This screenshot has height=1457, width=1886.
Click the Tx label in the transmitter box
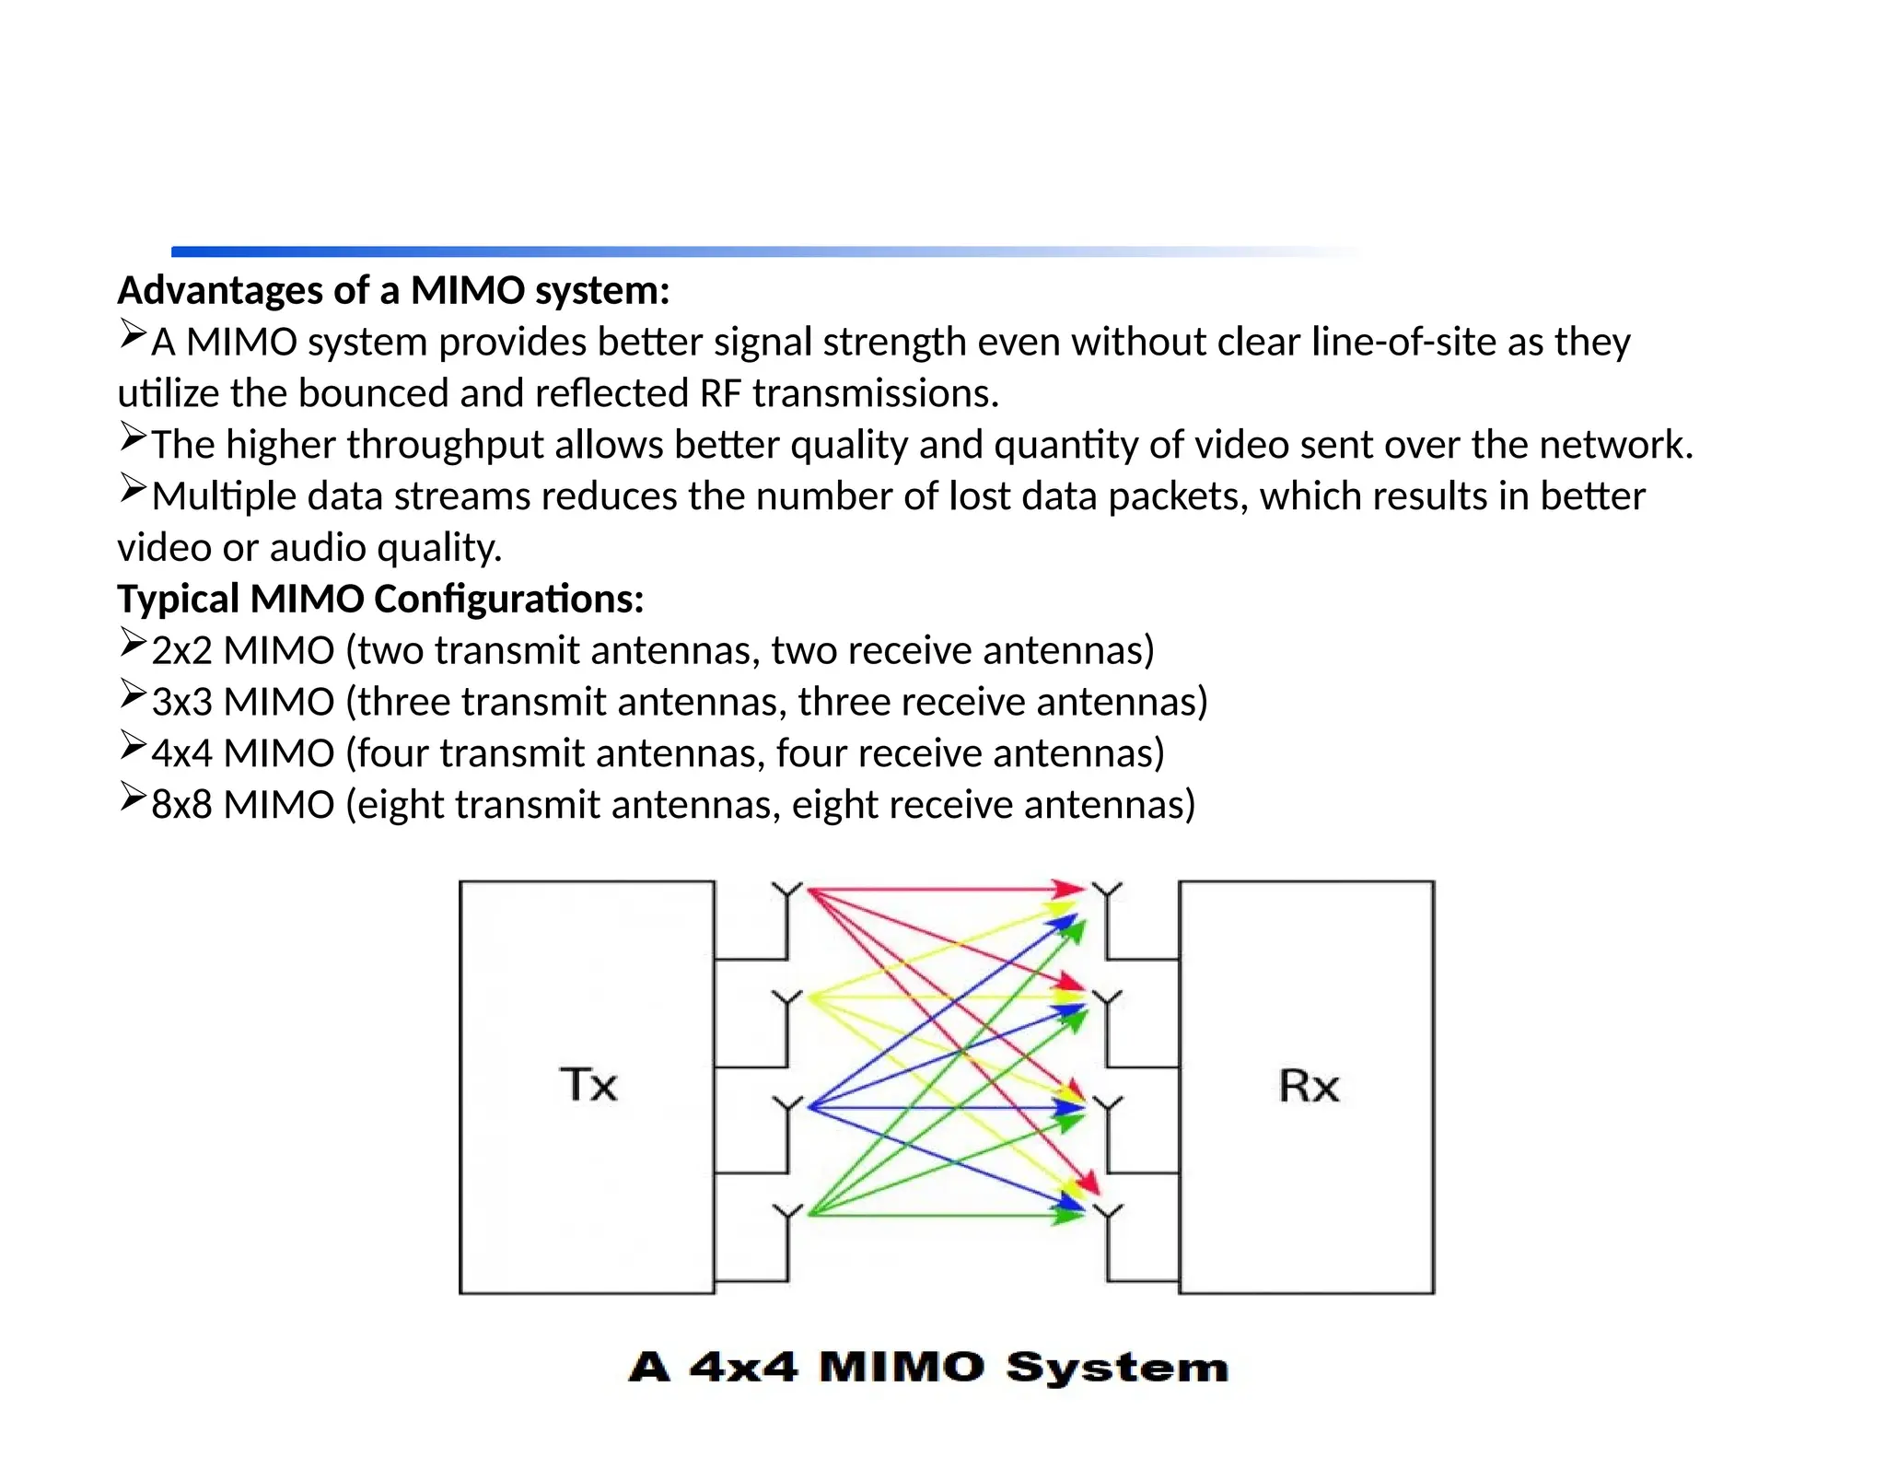tap(588, 1084)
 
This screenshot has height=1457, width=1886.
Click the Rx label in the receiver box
tap(1308, 1086)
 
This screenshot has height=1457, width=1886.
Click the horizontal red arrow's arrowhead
tap(1070, 890)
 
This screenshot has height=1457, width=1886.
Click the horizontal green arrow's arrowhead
tap(1070, 1216)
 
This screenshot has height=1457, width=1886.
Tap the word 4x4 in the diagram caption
tap(743, 1367)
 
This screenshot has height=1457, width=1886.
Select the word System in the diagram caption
tap(1117, 1369)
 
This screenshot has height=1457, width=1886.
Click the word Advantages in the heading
tap(220, 291)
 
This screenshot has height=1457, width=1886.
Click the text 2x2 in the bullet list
tap(181, 651)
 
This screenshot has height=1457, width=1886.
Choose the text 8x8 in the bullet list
tap(181, 805)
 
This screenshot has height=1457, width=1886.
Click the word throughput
tap(445, 446)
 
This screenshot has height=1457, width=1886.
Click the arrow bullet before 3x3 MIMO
tap(133, 694)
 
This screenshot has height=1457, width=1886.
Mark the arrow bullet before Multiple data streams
tap(133, 488)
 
